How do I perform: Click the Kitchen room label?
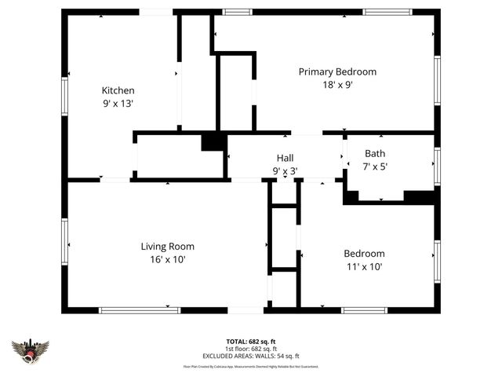point(118,90)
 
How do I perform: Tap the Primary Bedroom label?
point(337,71)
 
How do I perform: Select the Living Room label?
point(167,246)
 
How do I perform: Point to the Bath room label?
point(375,154)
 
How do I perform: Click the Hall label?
point(285,158)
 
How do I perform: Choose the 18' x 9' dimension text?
point(337,85)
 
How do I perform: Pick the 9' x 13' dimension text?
point(118,103)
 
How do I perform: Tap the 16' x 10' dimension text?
point(167,259)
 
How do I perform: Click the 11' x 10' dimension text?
point(364,266)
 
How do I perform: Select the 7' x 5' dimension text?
point(375,167)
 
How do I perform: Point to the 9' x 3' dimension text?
point(285,170)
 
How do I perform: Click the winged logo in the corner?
point(31,350)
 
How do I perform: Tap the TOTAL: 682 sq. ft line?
point(251,342)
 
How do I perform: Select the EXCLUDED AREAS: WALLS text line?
point(251,356)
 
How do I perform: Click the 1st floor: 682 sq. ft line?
point(251,349)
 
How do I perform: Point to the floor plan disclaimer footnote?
point(251,366)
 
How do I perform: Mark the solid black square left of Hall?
point(213,142)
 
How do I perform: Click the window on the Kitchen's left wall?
point(64,93)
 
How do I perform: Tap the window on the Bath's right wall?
point(438,166)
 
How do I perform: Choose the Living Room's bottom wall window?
point(140,309)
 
